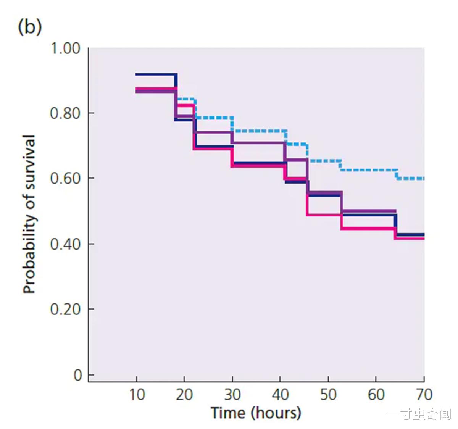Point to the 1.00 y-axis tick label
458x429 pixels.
click(65, 49)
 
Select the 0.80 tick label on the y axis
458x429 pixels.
click(65, 113)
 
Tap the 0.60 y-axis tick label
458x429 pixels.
click(65, 178)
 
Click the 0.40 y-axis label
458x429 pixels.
click(65, 244)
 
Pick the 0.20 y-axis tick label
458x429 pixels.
click(65, 309)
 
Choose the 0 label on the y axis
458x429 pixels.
click(78, 376)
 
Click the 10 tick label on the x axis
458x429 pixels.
click(137, 395)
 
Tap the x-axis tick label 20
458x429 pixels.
click(184, 395)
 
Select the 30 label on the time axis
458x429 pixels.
click(232, 395)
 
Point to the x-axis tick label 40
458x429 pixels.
click(280, 395)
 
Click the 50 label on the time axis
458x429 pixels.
click(328, 395)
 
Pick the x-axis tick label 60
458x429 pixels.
click(376, 395)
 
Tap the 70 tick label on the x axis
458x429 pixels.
click(424, 395)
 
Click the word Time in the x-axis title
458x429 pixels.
click(228, 413)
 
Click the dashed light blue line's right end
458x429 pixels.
click(423, 178)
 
